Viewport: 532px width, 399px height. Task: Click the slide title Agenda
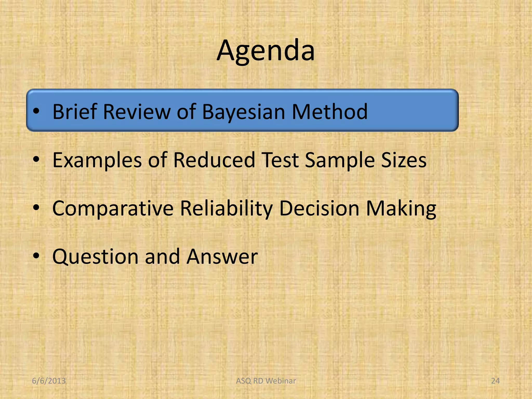(266, 51)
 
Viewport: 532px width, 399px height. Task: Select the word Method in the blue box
(330, 112)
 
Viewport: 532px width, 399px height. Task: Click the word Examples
(97, 160)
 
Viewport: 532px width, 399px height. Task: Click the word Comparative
(113, 208)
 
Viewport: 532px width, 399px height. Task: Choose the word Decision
(320, 208)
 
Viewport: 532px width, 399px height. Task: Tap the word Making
(401, 208)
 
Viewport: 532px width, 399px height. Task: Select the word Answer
(222, 257)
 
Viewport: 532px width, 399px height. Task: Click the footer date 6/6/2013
(49, 381)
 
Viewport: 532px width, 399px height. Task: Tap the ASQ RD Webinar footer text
(266, 381)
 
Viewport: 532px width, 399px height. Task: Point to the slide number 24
(495, 381)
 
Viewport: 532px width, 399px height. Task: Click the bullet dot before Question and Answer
(36, 256)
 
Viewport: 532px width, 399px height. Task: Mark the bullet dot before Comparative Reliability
(36, 208)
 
